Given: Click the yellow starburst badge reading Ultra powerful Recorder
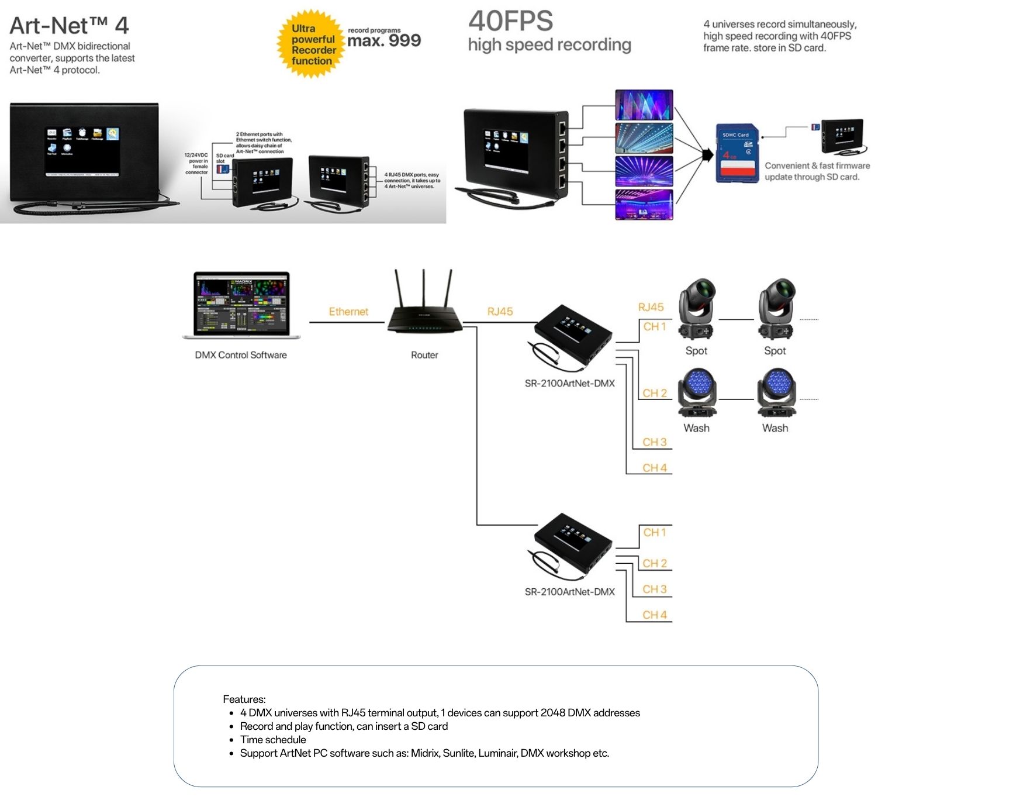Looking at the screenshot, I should coord(310,44).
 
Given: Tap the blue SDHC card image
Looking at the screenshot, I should coord(737,153).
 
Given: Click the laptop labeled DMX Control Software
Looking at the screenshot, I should coord(241,305).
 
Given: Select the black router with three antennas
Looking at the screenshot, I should coord(424,311).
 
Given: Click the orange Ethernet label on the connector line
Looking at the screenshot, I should coord(348,312).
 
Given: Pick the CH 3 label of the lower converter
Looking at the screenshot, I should coord(654,589).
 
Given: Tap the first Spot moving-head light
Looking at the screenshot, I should coord(696,309).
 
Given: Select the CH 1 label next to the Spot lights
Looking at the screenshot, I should coord(654,326).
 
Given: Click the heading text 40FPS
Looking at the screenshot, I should coord(510,22).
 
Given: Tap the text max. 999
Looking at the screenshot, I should coord(383,41).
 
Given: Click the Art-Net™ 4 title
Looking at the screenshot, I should coord(69,26).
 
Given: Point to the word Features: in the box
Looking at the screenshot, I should coord(244,699).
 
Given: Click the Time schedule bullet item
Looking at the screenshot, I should coord(273,739).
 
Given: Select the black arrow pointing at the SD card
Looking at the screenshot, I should coord(707,155).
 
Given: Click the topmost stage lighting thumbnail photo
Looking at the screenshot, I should coord(644,105).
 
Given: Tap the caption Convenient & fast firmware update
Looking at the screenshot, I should coord(817,171).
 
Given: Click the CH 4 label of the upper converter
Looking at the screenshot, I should coord(654,468).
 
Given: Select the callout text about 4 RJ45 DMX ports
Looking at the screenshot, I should coord(412,180).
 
